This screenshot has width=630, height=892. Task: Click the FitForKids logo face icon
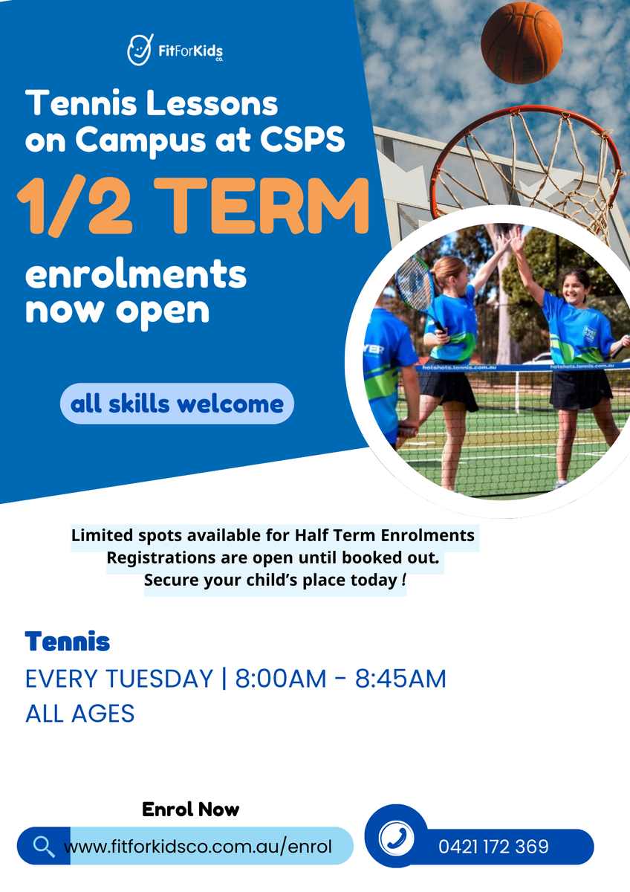click(140, 50)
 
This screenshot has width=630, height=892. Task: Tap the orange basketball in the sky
click(522, 42)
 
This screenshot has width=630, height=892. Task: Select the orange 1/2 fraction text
click(74, 207)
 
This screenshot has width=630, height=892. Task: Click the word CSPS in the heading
click(302, 140)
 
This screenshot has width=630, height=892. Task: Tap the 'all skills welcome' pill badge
click(177, 404)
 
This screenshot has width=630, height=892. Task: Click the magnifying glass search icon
click(44, 846)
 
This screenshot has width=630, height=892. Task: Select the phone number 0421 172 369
click(493, 847)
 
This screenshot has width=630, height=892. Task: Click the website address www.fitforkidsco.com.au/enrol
click(198, 847)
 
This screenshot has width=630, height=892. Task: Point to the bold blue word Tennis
click(68, 641)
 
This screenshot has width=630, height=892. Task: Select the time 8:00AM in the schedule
click(281, 679)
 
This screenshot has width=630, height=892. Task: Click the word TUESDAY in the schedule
click(159, 679)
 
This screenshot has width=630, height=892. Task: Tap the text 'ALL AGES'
click(79, 713)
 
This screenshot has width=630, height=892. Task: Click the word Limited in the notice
click(103, 535)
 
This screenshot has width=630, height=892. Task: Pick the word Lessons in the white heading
click(212, 103)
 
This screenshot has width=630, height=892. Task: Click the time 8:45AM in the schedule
click(400, 679)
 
